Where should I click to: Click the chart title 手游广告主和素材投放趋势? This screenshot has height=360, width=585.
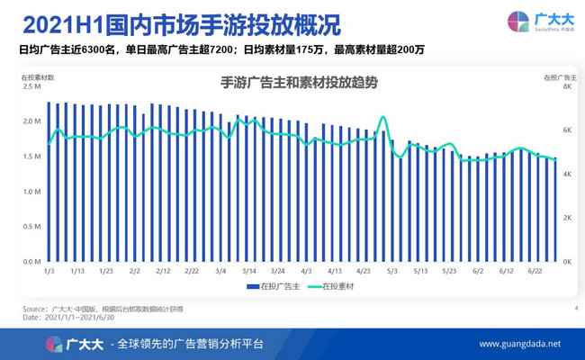pyautogui.click(x=299, y=83)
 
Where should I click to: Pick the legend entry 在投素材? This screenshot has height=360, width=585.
pyautogui.click(x=343, y=286)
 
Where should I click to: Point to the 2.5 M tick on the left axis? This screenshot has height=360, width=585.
pyautogui.click(x=30, y=87)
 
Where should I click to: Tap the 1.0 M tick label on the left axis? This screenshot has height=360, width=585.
pyautogui.click(x=30, y=192)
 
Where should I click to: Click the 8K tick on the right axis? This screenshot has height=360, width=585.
pyautogui.click(x=568, y=87)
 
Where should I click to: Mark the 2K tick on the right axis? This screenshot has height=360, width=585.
pyautogui.click(x=568, y=218)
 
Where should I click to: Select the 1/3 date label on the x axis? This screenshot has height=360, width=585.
pyautogui.click(x=49, y=270)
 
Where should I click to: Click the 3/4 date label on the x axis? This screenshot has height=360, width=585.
pyautogui.click(x=220, y=270)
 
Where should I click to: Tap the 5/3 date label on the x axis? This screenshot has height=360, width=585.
pyautogui.click(x=392, y=270)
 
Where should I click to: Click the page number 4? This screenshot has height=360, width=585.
pyautogui.click(x=574, y=309)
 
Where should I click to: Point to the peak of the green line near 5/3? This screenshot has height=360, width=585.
pyautogui.click(x=383, y=117)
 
